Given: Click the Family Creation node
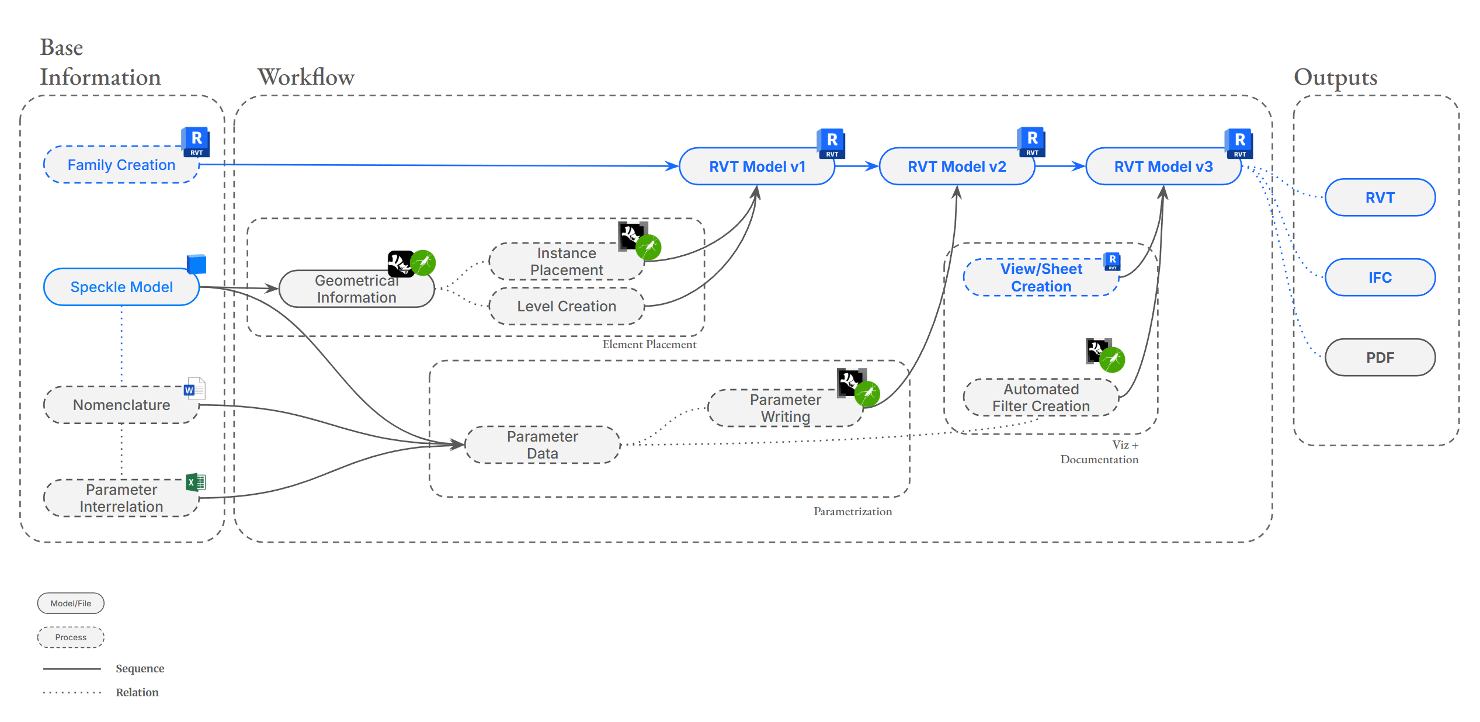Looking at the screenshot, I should (x=121, y=165).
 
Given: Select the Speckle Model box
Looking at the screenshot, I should (x=121, y=287).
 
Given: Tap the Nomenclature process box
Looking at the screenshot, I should (x=121, y=405).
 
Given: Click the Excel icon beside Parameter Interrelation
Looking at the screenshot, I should (x=196, y=483).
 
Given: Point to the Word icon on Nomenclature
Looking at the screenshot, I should (x=194, y=388).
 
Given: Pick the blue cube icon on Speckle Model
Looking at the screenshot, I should (x=197, y=264).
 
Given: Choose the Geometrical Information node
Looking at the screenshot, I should (x=356, y=289).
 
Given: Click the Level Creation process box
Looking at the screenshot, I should (x=566, y=306).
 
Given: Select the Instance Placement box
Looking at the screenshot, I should (x=566, y=262).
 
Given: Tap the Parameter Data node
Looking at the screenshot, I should (x=542, y=445).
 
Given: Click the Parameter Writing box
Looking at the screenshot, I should (x=785, y=408).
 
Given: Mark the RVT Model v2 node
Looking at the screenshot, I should (x=957, y=167).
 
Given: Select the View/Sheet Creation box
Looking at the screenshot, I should (x=1041, y=277).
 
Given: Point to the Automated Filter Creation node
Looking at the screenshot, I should (x=1041, y=398).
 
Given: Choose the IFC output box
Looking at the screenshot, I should (x=1380, y=277).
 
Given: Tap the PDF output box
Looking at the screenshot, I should (x=1380, y=357).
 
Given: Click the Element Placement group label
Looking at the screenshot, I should (x=649, y=345).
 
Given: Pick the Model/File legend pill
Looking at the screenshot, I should (x=71, y=603).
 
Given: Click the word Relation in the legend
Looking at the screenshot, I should (x=137, y=693).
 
